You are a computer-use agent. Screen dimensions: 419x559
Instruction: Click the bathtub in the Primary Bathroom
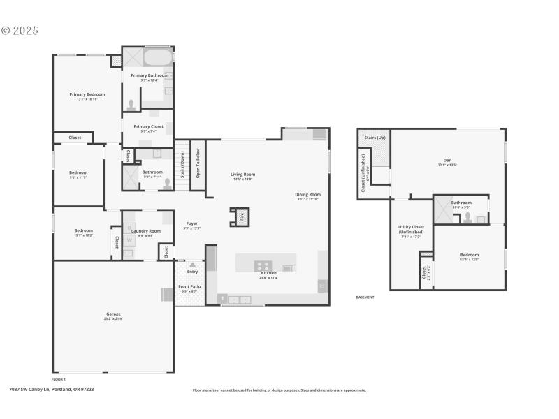158,57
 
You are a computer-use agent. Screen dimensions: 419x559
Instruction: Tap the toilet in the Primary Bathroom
131,104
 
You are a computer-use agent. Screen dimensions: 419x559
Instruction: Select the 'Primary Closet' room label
148,127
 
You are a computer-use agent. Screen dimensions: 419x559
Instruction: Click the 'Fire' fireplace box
242,216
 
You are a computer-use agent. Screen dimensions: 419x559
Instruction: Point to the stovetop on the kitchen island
263,265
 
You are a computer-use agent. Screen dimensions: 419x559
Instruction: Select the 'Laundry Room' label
145,230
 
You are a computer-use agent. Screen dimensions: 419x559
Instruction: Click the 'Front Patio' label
189,287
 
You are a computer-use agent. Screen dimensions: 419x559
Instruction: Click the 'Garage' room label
113,314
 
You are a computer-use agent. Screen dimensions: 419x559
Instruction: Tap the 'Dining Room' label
308,195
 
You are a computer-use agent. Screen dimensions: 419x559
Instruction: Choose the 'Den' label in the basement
447,161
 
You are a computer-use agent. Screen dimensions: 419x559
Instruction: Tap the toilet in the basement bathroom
467,216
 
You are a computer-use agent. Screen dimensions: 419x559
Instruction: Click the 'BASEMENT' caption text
365,297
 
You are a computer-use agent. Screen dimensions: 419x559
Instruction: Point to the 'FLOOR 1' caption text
59,379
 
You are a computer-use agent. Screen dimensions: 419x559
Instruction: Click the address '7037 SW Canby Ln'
32,390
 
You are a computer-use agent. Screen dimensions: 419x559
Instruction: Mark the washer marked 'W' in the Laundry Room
129,240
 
